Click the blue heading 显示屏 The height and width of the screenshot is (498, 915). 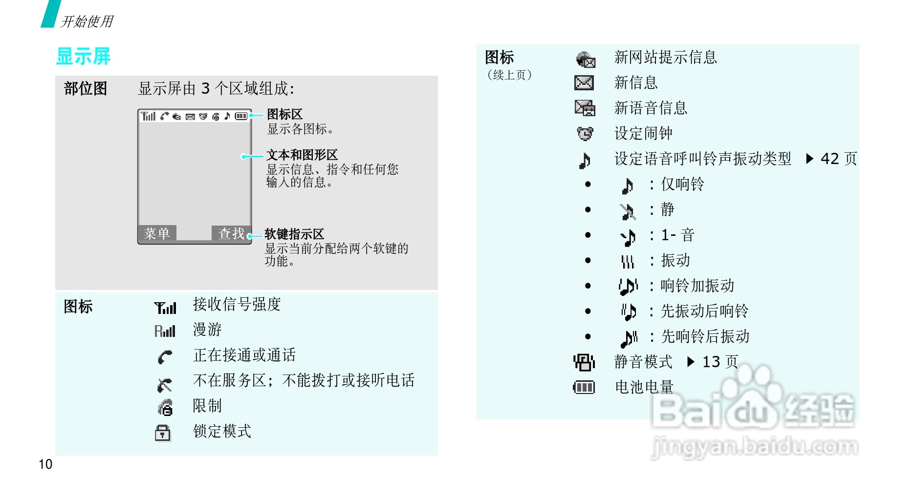pos(84,57)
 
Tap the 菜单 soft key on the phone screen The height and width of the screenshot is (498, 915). pos(157,233)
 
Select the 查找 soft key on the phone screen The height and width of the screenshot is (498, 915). pos(231,233)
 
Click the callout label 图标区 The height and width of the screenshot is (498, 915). pos(284,114)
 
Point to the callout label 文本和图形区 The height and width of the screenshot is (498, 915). pos(302,155)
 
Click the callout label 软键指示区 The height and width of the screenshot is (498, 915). pos(294,234)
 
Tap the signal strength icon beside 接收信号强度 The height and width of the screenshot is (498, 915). pos(165,308)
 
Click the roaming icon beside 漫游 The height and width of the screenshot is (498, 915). pos(165,331)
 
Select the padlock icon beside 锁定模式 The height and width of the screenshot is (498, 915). pos(163,432)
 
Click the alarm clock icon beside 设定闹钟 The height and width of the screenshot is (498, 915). pos(585,133)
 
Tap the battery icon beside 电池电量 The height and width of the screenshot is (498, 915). pos(584,388)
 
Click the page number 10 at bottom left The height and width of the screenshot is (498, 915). pos(45,464)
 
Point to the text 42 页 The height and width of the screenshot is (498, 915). pos(838,159)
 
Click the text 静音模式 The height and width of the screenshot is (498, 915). pos(643,362)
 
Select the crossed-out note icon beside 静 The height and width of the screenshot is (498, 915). pos(628,211)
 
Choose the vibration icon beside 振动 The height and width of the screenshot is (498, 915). pos(628,262)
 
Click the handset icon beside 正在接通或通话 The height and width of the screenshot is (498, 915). pos(165,357)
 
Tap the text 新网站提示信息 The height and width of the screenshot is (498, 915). pos(665,58)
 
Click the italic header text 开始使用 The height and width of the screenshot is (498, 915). pos(87,21)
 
